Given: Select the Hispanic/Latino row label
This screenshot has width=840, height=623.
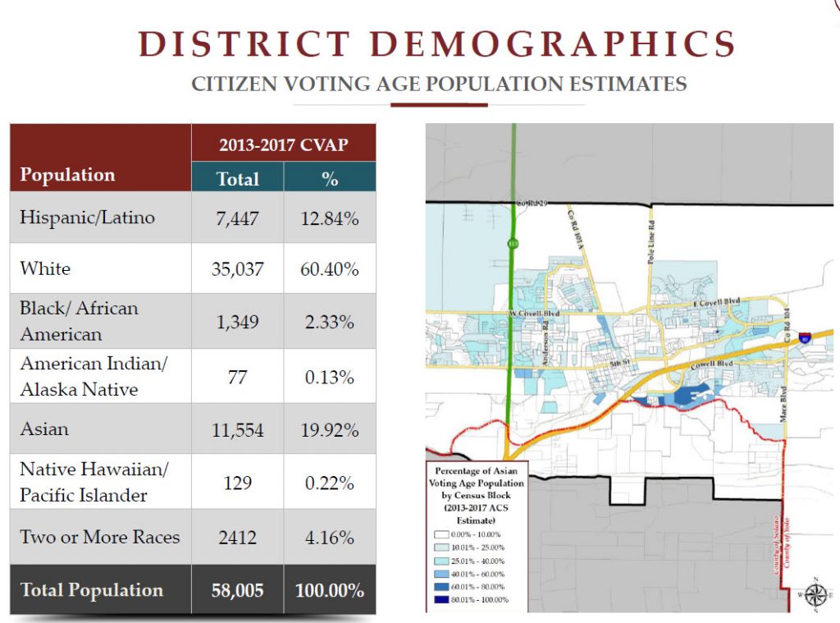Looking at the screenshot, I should (87, 217).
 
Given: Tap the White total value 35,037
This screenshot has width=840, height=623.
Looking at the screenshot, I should (237, 268).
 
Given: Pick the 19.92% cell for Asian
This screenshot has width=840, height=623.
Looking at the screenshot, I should (329, 429).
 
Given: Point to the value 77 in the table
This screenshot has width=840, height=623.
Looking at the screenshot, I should (237, 377).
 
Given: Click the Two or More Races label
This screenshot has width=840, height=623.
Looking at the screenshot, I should (99, 537).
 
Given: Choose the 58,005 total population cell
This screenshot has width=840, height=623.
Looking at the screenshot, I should (237, 590).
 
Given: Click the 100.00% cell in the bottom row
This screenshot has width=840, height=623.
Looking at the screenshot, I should (329, 590).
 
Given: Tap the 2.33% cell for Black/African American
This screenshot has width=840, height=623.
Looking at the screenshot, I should (329, 322).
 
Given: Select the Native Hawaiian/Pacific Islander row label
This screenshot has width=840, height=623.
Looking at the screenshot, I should (94, 483).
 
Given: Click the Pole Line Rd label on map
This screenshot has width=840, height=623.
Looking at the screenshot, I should (650, 237).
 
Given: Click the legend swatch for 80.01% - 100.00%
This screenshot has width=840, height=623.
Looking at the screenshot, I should (442, 599).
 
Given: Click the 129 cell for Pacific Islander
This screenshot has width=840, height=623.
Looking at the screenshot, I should (237, 483).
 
